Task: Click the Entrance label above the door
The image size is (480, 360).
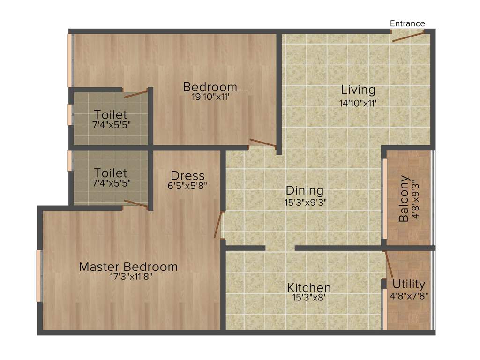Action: pos(407,23)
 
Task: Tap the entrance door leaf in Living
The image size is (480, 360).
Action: pos(408,36)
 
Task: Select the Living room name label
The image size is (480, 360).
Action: pos(358,90)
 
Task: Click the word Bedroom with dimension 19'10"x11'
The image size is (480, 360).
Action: pos(210,87)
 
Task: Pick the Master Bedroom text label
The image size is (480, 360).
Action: pos(128,267)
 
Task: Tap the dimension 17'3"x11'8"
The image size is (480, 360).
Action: pos(128,277)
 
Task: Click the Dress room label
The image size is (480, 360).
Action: pos(187,176)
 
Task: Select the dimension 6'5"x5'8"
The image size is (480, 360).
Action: pos(187,185)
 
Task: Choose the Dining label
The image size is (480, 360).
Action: pos(305,191)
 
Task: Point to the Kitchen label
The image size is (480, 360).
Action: pos(309,287)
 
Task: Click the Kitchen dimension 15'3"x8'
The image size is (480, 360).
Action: pos(309,297)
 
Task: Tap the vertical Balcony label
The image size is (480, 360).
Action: pos(404,198)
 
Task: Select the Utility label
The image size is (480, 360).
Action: pos(409,284)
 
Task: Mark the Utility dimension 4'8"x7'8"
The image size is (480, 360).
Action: pos(409,296)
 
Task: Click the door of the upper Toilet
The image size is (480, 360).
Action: pos(136,93)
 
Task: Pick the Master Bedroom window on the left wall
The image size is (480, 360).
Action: pos(39,276)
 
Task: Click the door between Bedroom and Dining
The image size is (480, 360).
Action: pos(262,143)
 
